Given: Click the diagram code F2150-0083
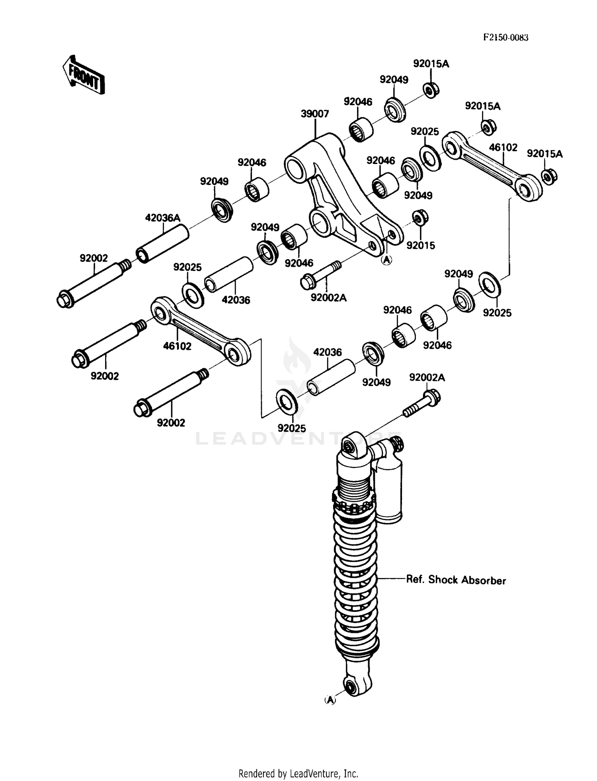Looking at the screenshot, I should coord(505,38).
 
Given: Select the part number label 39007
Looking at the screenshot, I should coord(315,114).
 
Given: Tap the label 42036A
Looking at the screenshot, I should coord(162,218).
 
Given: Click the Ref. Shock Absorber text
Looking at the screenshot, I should coord(456,580).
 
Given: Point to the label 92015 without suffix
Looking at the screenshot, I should coord(421,246).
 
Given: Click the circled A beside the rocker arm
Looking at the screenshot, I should coord(386,260).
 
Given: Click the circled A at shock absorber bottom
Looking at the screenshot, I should coord(330,700).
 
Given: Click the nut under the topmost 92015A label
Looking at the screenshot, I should coord(430,90).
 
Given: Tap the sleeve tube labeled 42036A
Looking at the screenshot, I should coord(162,244).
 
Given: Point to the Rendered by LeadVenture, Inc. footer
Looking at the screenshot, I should coord(298,773).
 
